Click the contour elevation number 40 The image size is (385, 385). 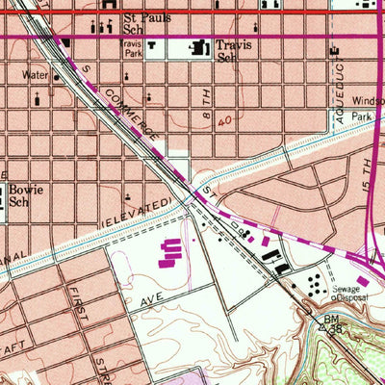tap(223, 122)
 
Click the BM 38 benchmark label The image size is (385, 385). tap(333, 322)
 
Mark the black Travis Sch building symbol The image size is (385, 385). tap(202, 46)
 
